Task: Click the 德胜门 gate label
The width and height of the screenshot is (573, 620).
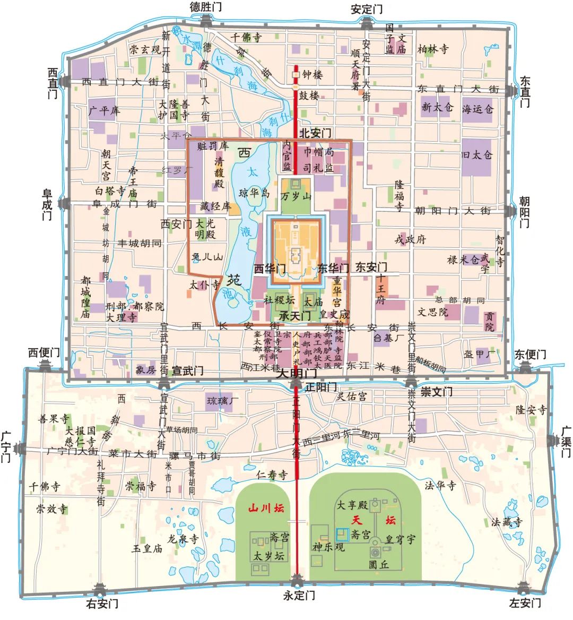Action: tap(206, 7)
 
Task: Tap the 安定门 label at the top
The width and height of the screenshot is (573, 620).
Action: tap(367, 9)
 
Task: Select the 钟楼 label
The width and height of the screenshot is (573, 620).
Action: tap(312, 75)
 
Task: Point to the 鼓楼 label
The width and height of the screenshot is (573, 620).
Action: tap(309, 96)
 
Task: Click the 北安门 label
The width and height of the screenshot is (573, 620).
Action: tap(316, 132)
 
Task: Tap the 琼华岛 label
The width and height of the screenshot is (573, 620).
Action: tap(255, 193)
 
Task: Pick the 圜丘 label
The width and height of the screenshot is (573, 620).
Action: tap(379, 564)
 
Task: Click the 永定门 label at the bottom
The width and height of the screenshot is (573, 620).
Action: tap(300, 595)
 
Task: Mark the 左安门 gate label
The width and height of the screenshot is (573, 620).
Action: tap(525, 603)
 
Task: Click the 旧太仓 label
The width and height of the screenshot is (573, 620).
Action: tap(477, 155)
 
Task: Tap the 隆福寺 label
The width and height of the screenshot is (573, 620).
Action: tap(400, 195)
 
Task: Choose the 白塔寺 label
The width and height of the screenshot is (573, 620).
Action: tap(110, 191)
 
